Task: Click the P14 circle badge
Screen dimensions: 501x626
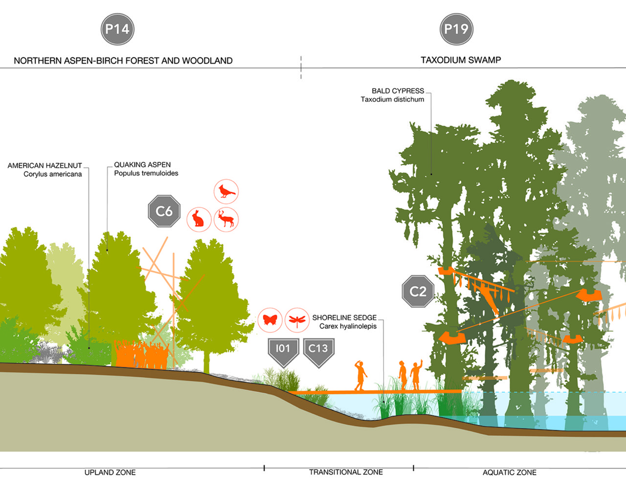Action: [x=117, y=29]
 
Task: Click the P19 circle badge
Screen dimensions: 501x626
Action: [x=456, y=29]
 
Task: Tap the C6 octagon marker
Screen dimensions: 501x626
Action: [x=164, y=211]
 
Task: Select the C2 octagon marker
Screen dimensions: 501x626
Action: [x=418, y=292]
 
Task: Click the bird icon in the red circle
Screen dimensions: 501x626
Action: [x=226, y=191]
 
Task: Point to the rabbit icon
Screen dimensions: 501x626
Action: [x=199, y=219]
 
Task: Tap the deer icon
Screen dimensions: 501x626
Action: [x=226, y=219]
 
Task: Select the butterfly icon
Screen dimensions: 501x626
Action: [x=270, y=320]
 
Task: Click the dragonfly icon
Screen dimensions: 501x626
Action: [x=297, y=320]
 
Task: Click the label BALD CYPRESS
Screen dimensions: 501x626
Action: [x=398, y=91]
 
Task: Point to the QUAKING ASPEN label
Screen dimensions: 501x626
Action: [x=142, y=165]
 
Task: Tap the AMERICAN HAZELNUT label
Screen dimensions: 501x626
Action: [x=45, y=166]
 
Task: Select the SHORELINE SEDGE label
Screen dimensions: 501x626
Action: [x=344, y=318]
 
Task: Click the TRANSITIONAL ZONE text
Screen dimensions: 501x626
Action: [x=346, y=472]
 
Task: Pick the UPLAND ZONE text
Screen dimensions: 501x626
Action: [x=110, y=473]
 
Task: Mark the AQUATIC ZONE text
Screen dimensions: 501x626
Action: [x=509, y=473]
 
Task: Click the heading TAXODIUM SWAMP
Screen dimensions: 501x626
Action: [x=461, y=60]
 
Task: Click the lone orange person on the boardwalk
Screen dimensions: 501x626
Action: [x=361, y=376]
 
